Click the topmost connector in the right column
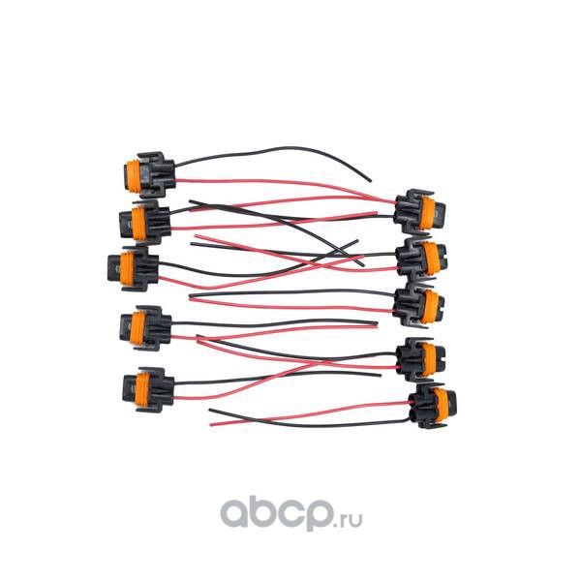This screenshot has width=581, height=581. [x=419, y=207]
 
